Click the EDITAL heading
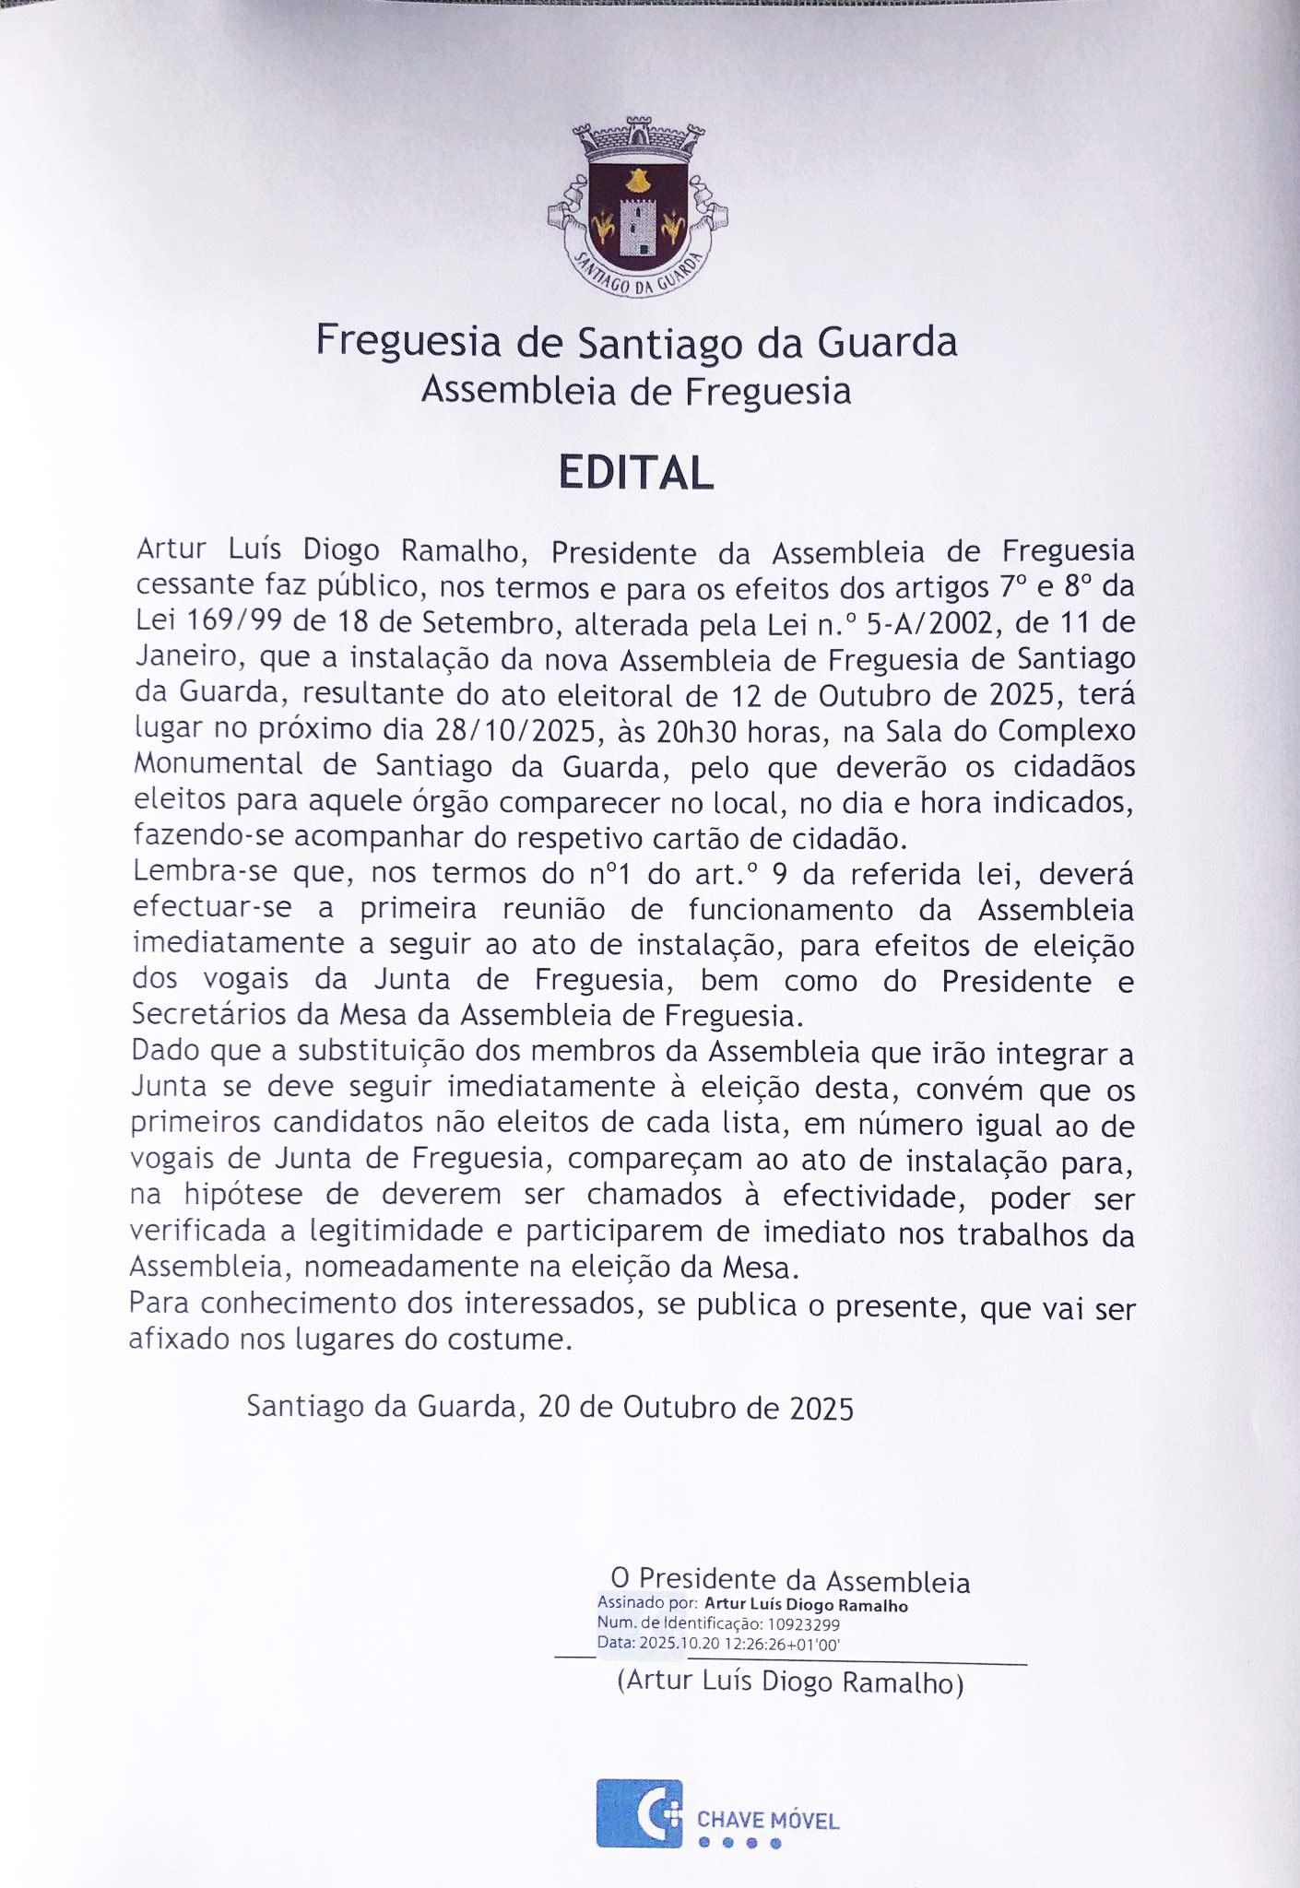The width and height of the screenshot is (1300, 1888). (636, 473)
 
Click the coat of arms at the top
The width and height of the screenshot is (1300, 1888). (636, 206)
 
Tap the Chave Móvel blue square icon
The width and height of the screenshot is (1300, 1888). (639, 1813)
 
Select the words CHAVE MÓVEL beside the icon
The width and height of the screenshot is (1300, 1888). (768, 1820)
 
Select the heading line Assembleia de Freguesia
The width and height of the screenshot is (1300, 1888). (636, 391)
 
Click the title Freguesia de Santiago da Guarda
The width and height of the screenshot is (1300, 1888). (636, 341)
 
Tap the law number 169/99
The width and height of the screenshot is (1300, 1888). (235, 621)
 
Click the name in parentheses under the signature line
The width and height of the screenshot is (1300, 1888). (790, 1681)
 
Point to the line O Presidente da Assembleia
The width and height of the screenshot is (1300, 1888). (790, 1581)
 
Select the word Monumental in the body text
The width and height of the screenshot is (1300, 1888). (218, 764)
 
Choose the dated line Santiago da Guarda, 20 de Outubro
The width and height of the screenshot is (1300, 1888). (550, 1407)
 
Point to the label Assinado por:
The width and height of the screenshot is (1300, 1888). (647, 1603)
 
